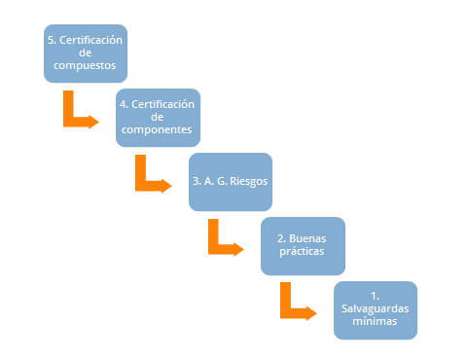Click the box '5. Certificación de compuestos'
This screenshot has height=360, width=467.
click(x=85, y=54)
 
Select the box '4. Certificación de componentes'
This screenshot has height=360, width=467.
click(x=157, y=117)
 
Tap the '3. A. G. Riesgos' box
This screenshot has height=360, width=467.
click(x=230, y=181)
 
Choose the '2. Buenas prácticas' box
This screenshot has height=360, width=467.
click(x=303, y=245)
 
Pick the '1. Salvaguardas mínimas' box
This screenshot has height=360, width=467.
click(x=375, y=310)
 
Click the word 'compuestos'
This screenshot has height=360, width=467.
click(x=85, y=66)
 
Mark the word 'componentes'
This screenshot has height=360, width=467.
click(x=158, y=129)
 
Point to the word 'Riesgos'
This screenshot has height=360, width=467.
click(x=248, y=181)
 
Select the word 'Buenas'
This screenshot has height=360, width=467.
click(x=310, y=238)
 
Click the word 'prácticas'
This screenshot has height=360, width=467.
click(x=303, y=252)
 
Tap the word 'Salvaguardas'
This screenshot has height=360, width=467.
click(x=375, y=308)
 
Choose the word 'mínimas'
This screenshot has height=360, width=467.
click(x=375, y=321)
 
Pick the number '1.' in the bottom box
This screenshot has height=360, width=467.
click(x=375, y=296)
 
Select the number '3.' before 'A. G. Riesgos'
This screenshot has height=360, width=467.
click(x=198, y=181)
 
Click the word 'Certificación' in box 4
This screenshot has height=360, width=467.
click(x=164, y=104)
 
